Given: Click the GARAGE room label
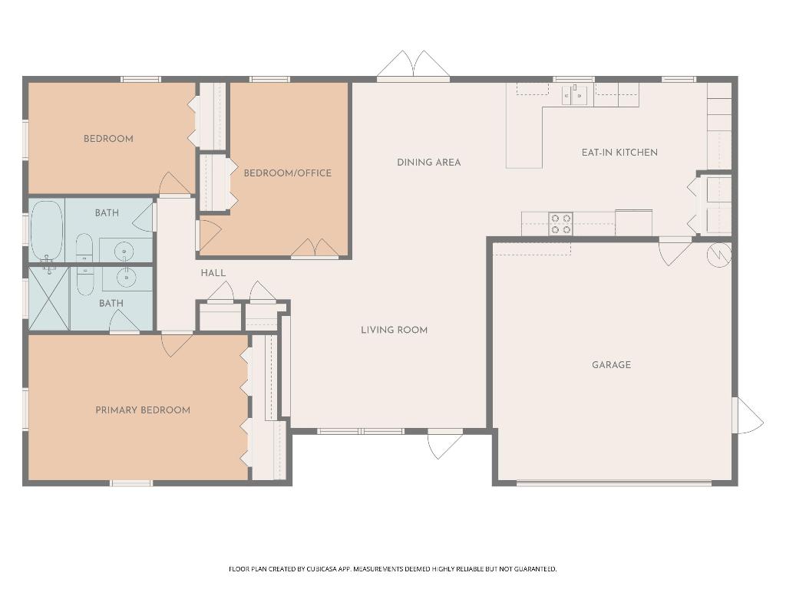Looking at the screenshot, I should (x=611, y=365).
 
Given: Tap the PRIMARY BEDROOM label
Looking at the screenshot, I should (x=143, y=410).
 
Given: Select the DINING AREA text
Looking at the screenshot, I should (x=428, y=163).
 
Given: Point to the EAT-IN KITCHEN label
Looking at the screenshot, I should (x=619, y=153).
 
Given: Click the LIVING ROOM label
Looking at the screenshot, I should (x=394, y=330).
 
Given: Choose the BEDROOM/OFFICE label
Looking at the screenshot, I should (x=288, y=173).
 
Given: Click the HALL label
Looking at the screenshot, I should (x=213, y=273).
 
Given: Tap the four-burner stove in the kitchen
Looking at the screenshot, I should (x=560, y=224).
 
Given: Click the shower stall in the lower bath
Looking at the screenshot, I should (x=48, y=298).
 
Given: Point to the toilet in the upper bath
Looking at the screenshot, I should (x=84, y=247).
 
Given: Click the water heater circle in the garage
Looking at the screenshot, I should (x=719, y=254).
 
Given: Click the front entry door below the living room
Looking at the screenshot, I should (x=445, y=443).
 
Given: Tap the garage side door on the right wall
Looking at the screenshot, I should (x=748, y=415).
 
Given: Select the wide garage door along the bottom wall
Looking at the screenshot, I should (x=613, y=483).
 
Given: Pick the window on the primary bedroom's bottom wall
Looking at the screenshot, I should (x=131, y=483).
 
